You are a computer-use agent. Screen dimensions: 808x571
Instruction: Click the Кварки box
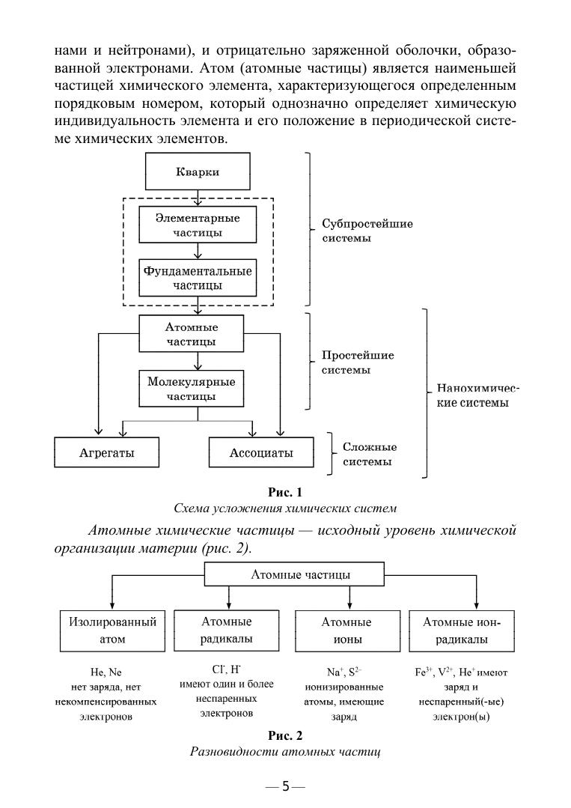pyautogui.click(x=198, y=172)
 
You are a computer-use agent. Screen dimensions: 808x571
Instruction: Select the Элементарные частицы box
pyautogui.click(x=198, y=225)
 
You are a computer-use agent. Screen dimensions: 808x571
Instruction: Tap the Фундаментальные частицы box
pyautogui.click(x=198, y=278)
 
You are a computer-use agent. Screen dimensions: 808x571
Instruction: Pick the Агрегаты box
pyautogui.click(x=106, y=453)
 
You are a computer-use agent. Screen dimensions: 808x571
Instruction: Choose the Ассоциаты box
pyautogui.click(x=251, y=453)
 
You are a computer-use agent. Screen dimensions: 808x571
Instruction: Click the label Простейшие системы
pyautogui.click(x=358, y=362)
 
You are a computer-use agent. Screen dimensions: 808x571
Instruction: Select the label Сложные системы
pyautogui.click(x=370, y=454)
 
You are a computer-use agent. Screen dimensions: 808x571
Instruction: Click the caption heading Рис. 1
pyautogui.click(x=284, y=492)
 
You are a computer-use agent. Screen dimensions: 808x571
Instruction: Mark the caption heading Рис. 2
pyautogui.click(x=284, y=736)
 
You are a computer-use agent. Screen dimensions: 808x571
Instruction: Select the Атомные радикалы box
pyautogui.click(x=226, y=630)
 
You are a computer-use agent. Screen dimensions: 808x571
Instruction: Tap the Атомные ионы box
pyautogui.click(x=346, y=631)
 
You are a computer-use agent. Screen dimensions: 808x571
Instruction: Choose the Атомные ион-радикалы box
pyautogui.click(x=461, y=631)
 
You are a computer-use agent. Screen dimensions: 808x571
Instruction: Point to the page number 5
pyautogui.click(x=284, y=786)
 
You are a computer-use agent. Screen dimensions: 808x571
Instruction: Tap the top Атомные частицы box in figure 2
pyautogui.click(x=288, y=575)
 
